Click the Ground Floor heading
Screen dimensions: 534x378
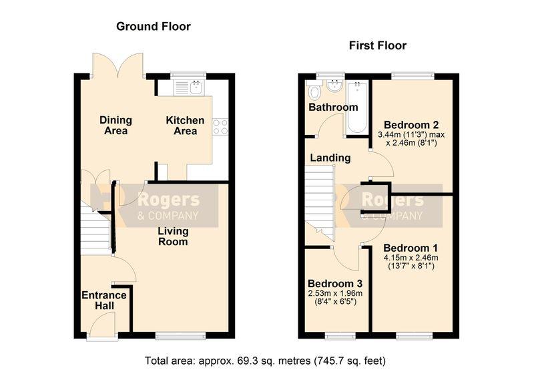coord(154,27)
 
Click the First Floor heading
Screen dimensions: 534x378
coord(378,45)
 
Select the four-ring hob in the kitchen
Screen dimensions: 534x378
coord(220,127)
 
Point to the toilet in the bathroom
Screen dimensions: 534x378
coord(314,90)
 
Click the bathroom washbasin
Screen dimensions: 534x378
coord(333,86)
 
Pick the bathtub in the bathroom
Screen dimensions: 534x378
coord(356,108)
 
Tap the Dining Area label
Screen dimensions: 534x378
coord(115,125)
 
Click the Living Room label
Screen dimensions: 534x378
coord(173,236)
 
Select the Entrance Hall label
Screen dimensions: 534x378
coord(104,301)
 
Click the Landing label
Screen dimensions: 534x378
coord(330,158)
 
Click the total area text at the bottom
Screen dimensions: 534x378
coord(265,361)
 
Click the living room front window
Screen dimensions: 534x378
coord(181,336)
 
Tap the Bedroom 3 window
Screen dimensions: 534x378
coord(340,336)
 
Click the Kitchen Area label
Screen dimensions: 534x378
coord(185,126)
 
